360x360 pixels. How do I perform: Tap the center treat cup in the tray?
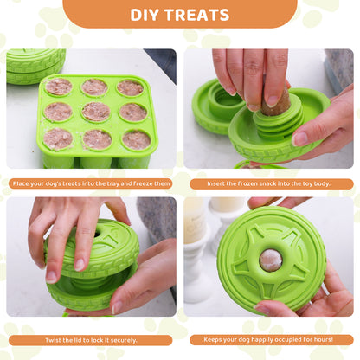[95, 112]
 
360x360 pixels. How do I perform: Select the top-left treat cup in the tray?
[59, 87]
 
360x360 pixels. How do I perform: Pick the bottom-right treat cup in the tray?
[134, 139]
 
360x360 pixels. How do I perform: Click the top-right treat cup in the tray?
[130, 87]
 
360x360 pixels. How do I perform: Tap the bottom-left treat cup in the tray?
[57, 139]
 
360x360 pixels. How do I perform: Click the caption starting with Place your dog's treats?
[90, 183]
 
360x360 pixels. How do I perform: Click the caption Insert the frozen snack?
[270, 183]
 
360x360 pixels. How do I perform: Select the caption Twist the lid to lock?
[90, 340]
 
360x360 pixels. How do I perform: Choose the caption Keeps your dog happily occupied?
[270, 340]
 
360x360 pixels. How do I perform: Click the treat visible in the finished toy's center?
[270, 259]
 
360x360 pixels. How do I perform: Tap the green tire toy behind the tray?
[35, 66]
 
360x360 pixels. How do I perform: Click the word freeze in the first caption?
[149, 183]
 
